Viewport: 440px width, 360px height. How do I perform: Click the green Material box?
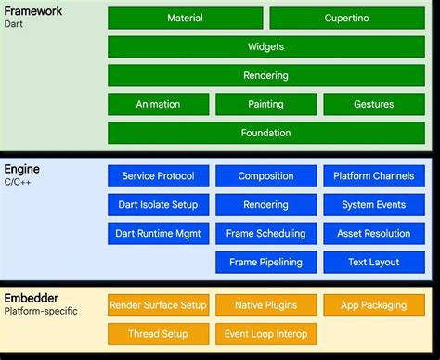pos(185,18)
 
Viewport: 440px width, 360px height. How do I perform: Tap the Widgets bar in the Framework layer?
pos(265,46)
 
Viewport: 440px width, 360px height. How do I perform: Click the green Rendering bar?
pos(265,75)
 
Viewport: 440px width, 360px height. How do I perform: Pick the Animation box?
pos(158,104)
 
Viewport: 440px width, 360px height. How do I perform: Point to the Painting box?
pos(265,104)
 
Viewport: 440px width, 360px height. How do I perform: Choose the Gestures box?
pos(373,104)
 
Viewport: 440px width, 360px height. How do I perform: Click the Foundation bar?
pos(265,133)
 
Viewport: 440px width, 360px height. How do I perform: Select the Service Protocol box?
pos(158,176)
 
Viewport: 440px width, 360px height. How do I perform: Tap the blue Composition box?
pos(265,176)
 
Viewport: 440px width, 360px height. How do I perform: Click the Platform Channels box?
pos(373,176)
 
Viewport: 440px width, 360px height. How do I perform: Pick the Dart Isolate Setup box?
pos(158,205)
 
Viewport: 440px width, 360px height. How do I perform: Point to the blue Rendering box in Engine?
pos(265,205)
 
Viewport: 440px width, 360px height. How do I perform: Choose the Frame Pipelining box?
pos(265,263)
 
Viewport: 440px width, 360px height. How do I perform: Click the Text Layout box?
pos(373,263)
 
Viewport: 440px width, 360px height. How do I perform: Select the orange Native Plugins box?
pos(265,304)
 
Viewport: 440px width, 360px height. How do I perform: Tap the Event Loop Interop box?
pos(265,333)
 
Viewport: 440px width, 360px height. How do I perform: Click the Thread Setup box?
pos(158,333)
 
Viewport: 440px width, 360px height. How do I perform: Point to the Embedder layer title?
pos(32,298)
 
